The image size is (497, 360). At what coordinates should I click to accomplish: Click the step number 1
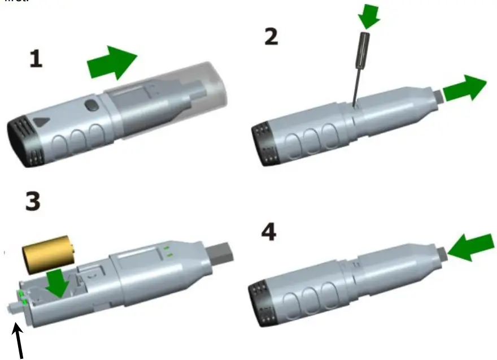[x=36, y=59]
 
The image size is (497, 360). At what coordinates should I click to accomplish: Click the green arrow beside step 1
[x=112, y=62]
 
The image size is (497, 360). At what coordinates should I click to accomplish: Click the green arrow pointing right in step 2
[x=464, y=89]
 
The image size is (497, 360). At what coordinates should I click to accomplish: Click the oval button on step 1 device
[x=90, y=105]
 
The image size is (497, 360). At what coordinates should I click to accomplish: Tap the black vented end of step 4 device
[x=261, y=304]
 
